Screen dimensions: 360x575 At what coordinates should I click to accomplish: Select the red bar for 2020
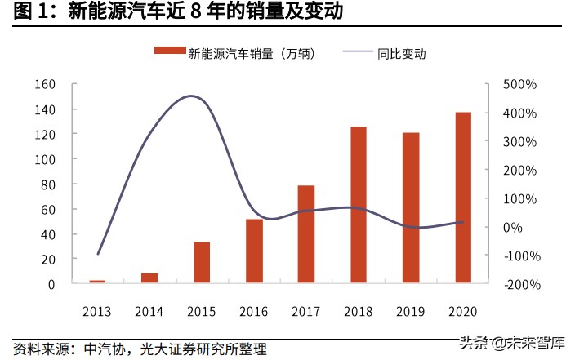click(463, 198)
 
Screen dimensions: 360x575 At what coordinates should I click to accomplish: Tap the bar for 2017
click(306, 234)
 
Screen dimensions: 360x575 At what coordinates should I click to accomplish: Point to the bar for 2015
click(202, 263)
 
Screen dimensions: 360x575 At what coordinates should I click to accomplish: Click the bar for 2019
click(411, 208)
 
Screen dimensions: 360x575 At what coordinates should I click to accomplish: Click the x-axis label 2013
click(97, 312)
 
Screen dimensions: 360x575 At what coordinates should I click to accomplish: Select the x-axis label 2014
click(149, 312)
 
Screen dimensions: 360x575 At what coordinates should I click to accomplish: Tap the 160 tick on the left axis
click(45, 84)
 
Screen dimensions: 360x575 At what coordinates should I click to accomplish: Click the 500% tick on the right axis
click(519, 84)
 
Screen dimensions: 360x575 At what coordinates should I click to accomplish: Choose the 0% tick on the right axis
click(524, 227)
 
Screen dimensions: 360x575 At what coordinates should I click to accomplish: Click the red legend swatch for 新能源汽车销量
click(169, 54)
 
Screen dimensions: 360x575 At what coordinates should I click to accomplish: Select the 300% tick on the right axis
click(519, 141)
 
